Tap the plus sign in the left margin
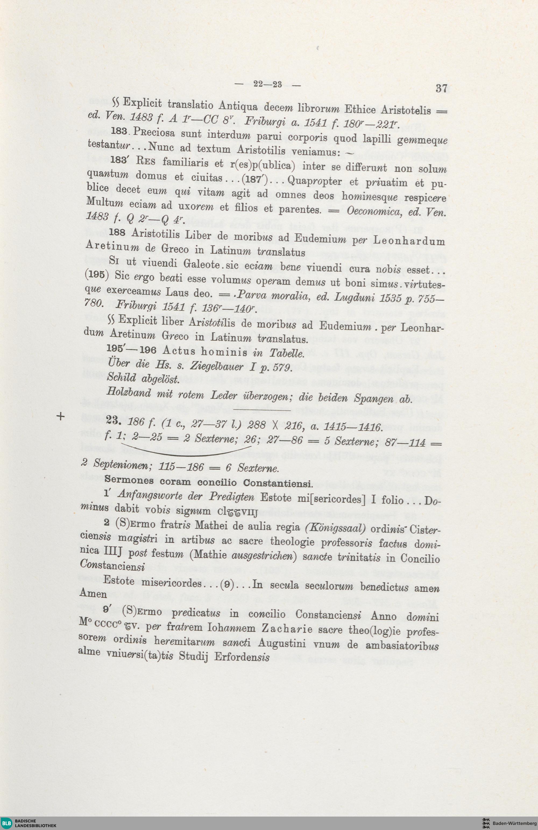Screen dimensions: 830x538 click(x=61, y=416)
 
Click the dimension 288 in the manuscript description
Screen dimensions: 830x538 click(x=257, y=425)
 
